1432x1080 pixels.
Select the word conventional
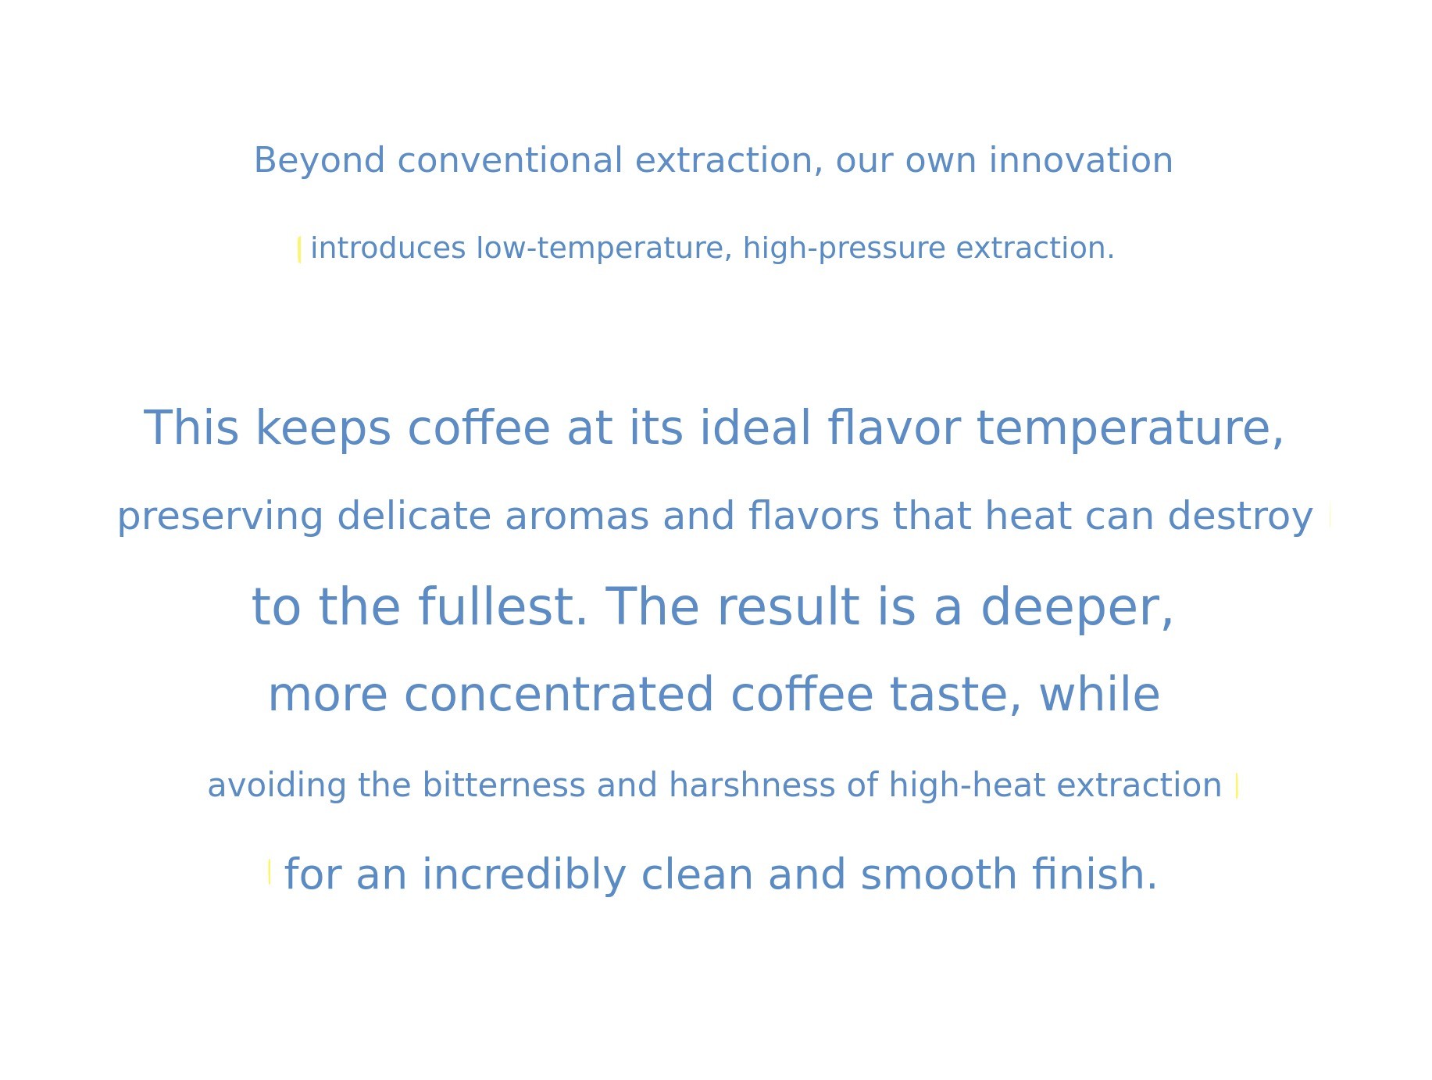(x=510, y=160)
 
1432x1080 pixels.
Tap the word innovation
(x=1081, y=160)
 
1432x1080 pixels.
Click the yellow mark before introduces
(x=299, y=250)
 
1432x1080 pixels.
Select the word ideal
(x=755, y=428)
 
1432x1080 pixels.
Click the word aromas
(x=577, y=517)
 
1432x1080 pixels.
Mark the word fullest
(x=503, y=606)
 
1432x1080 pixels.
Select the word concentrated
(x=559, y=695)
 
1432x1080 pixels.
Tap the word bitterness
(x=504, y=785)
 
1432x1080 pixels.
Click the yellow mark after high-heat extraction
(x=1237, y=785)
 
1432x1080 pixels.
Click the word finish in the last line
(x=1094, y=874)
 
